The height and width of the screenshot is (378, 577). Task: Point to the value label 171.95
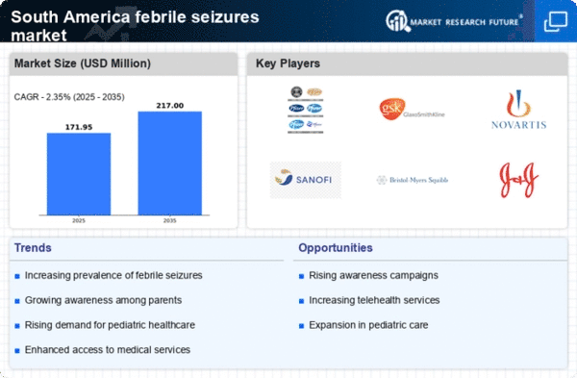79,125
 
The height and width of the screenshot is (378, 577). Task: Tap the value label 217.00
169,104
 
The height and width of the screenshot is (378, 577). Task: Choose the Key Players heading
288,64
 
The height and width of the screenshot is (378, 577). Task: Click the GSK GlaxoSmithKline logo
412,110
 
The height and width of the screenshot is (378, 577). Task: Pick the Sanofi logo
306,179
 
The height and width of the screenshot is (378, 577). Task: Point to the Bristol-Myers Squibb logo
412,180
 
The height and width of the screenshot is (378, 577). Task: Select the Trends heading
33,248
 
